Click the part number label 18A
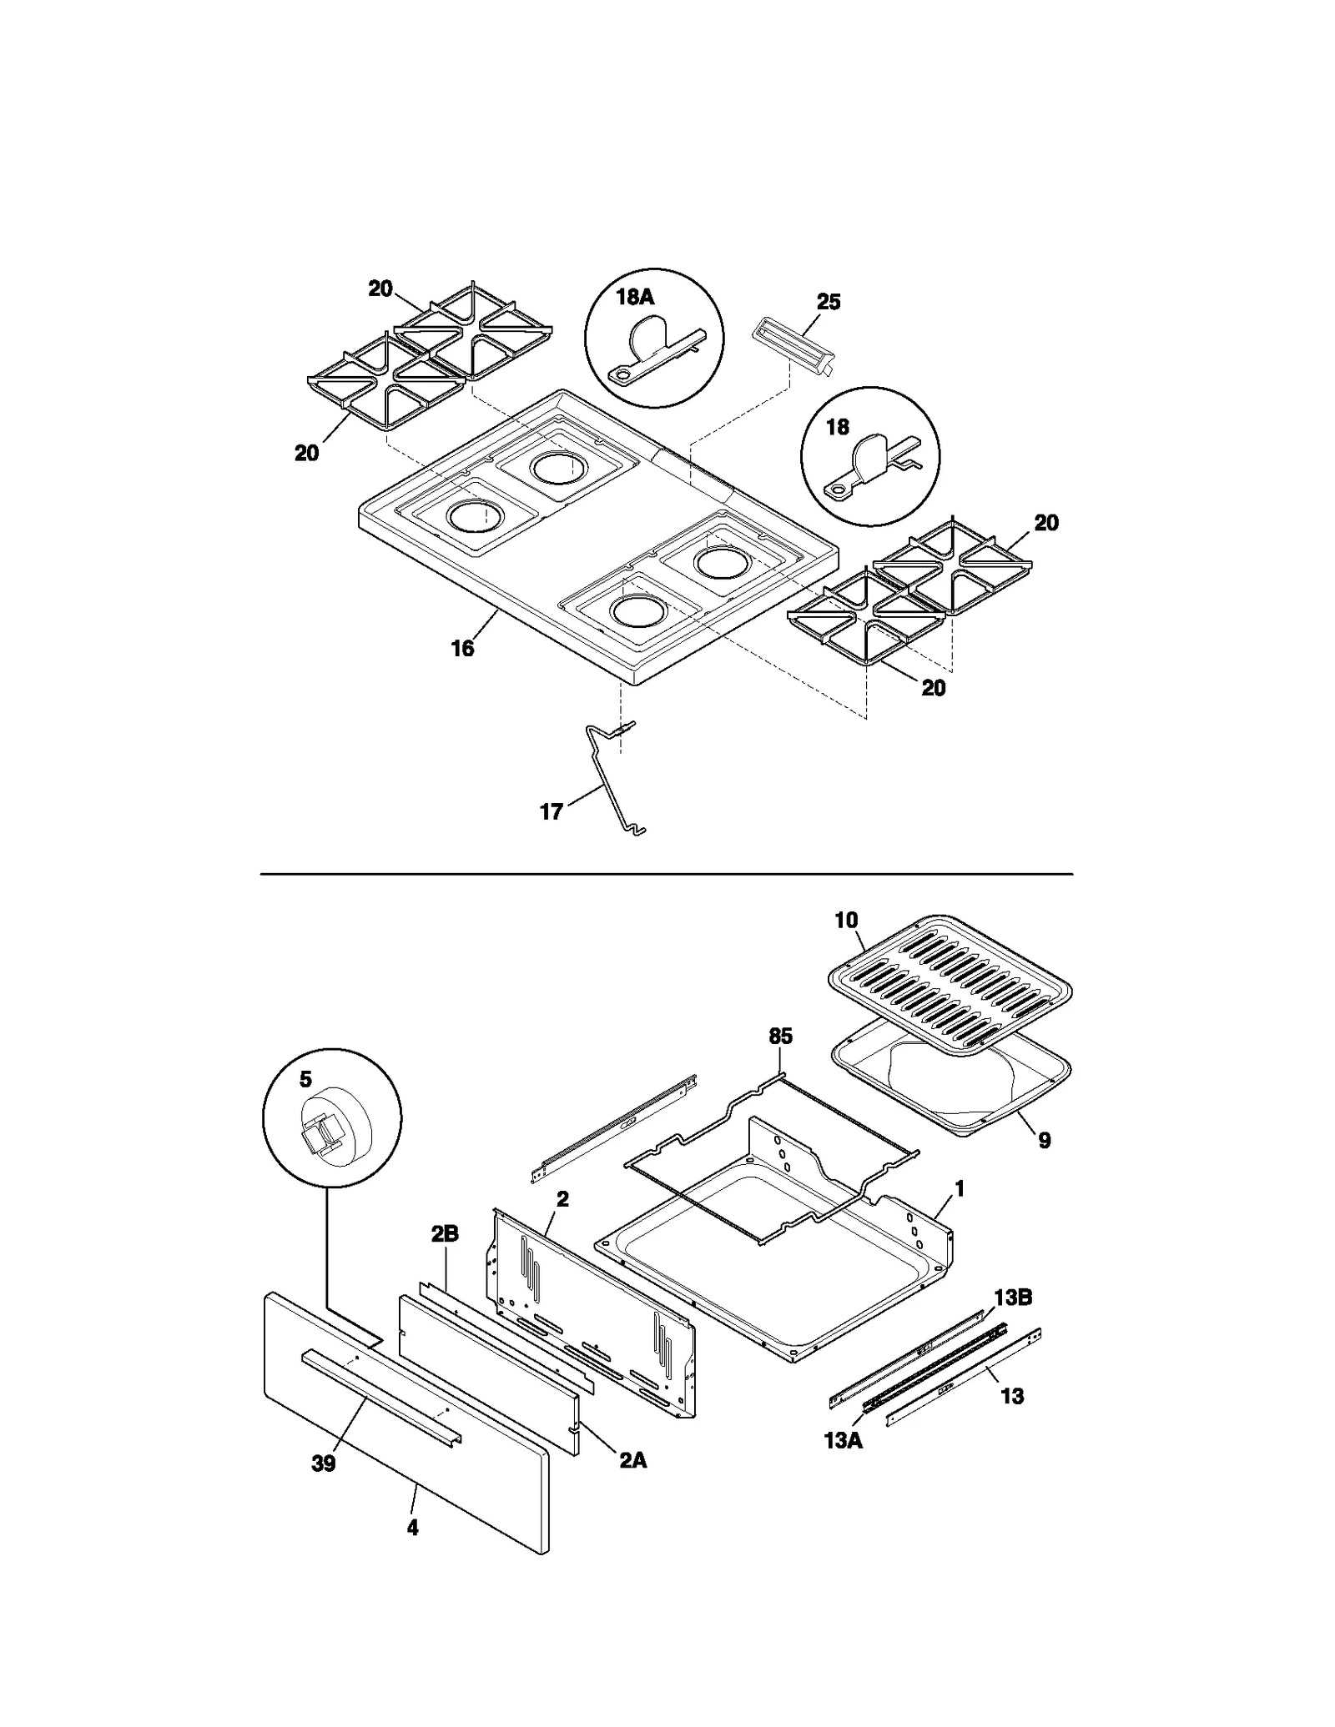point(635,297)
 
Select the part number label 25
point(828,302)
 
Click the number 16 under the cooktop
point(462,648)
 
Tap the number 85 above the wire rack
point(780,1037)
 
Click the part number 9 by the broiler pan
point(1045,1141)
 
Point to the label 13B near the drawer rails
point(1013,1298)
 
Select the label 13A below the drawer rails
point(843,1440)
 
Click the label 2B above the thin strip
point(445,1234)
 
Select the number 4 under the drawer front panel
point(412,1528)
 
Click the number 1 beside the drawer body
point(960,1189)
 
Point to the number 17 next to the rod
point(552,811)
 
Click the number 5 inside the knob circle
point(305,1080)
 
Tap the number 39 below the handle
point(323,1463)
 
